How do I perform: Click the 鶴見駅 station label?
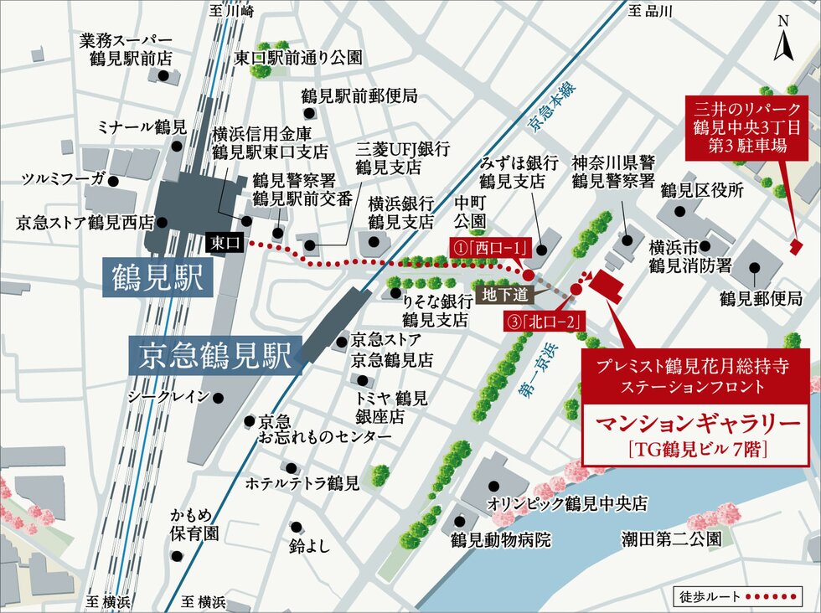point(155,278)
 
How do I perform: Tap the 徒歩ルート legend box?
point(740,597)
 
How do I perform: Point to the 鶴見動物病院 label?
point(501,540)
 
